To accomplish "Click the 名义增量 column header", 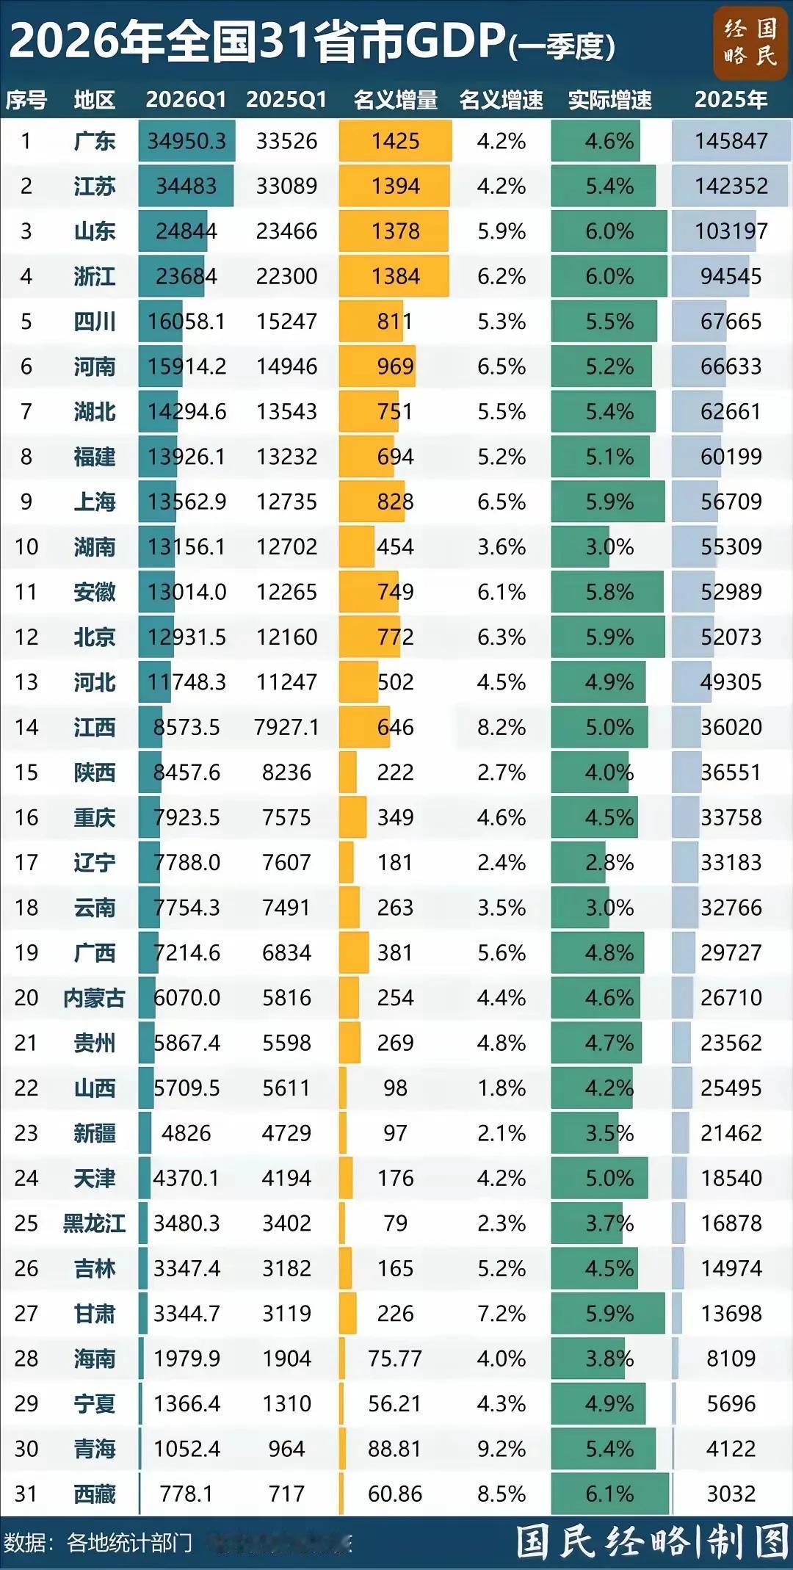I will pos(395,100).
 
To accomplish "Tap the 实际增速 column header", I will pos(609,100).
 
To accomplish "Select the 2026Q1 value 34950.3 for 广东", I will pos(187,141).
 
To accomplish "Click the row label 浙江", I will pos(95,276).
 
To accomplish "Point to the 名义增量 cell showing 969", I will pos(395,366).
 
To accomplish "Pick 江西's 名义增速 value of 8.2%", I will pos(501,727).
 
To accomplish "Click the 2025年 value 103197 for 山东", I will pos(731,231).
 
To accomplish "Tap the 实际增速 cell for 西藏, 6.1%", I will pos(609,1494).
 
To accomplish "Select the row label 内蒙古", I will pos(95,997).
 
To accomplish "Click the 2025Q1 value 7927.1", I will pos(286,727).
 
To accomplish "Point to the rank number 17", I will pos(26,862).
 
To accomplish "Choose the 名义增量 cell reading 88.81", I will pos(395,1449).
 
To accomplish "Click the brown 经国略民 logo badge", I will pos(750,42).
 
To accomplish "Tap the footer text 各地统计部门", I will pos(129,1542).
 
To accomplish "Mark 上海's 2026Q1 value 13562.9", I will pos(187,502).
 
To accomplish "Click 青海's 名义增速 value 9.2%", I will pos(501,1449).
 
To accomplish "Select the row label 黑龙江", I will pos(95,1223).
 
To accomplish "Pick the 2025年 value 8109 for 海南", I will pos(731,1359).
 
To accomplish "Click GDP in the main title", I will pos(455,40).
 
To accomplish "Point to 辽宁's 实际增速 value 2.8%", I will pos(609,862).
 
